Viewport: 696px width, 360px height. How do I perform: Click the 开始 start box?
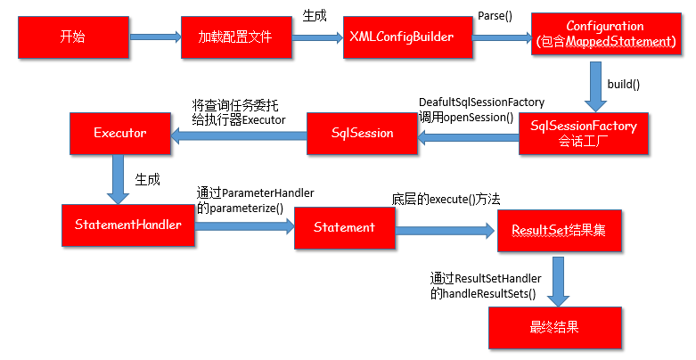(74, 37)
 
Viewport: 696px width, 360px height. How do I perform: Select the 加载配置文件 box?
(236, 37)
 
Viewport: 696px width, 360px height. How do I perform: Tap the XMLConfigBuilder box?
(408, 37)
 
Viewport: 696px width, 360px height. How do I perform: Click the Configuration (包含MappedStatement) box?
(606, 34)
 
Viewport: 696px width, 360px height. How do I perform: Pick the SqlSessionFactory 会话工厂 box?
(584, 134)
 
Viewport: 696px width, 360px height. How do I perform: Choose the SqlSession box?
(362, 134)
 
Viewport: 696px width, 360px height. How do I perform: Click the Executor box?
(120, 134)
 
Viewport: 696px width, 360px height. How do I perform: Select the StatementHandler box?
(128, 225)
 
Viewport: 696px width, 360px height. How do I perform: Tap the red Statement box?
(345, 228)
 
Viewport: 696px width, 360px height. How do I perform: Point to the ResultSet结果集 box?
(560, 231)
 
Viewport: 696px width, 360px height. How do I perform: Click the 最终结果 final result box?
(555, 328)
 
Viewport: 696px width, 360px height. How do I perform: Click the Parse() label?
(495, 16)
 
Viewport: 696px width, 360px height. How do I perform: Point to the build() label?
(624, 85)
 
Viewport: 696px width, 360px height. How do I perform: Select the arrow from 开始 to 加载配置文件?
(155, 37)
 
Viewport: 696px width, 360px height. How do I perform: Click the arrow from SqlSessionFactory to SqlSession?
(468, 137)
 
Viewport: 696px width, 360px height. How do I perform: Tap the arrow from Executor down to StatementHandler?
(118, 179)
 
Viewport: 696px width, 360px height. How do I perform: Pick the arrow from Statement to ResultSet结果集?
(446, 231)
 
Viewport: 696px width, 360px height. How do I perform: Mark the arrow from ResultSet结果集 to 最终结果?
(559, 282)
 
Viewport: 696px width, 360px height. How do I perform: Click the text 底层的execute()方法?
(446, 200)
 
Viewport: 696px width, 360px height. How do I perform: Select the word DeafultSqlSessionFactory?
(481, 102)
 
